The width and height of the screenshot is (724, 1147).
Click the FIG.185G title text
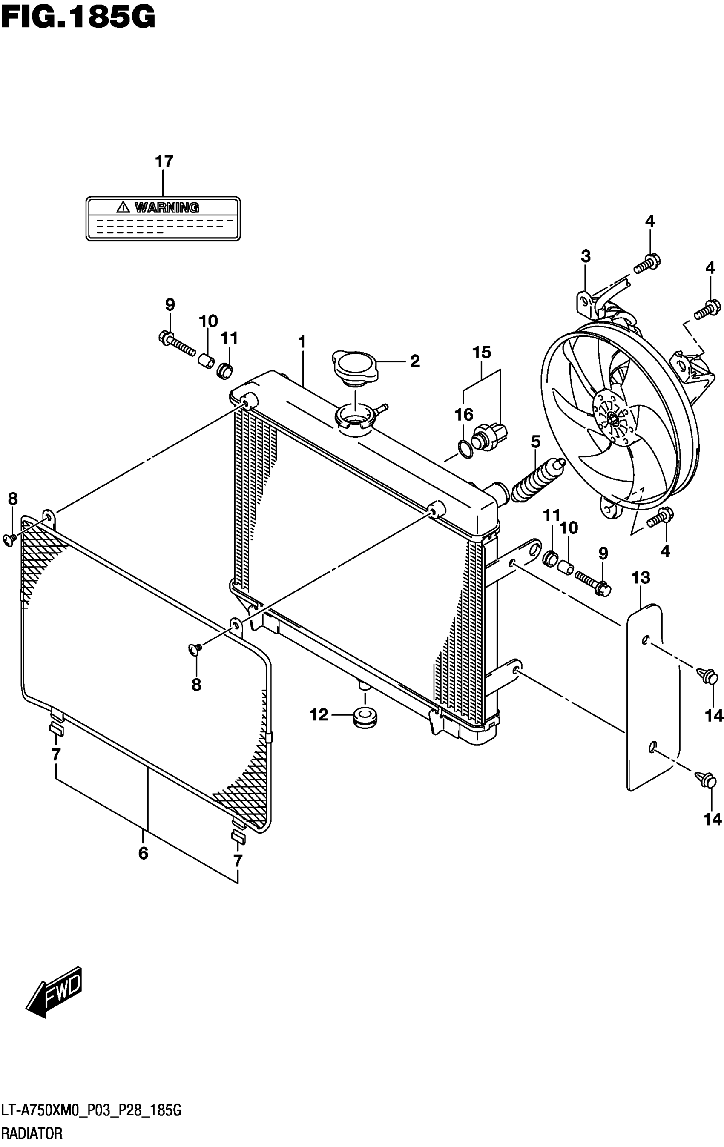click(78, 19)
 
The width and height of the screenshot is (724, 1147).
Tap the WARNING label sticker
click(163, 219)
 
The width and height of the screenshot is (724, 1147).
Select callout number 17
click(164, 162)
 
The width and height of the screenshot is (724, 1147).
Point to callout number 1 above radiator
click(302, 341)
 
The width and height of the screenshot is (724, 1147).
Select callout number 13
click(641, 578)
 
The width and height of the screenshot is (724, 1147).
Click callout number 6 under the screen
click(144, 853)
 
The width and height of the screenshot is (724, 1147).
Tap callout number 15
click(481, 353)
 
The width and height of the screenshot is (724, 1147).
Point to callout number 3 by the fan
click(586, 256)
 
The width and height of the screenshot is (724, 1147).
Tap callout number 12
click(319, 714)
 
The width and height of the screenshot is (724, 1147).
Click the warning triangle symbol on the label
click(123, 207)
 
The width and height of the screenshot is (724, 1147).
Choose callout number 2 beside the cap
click(414, 361)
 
